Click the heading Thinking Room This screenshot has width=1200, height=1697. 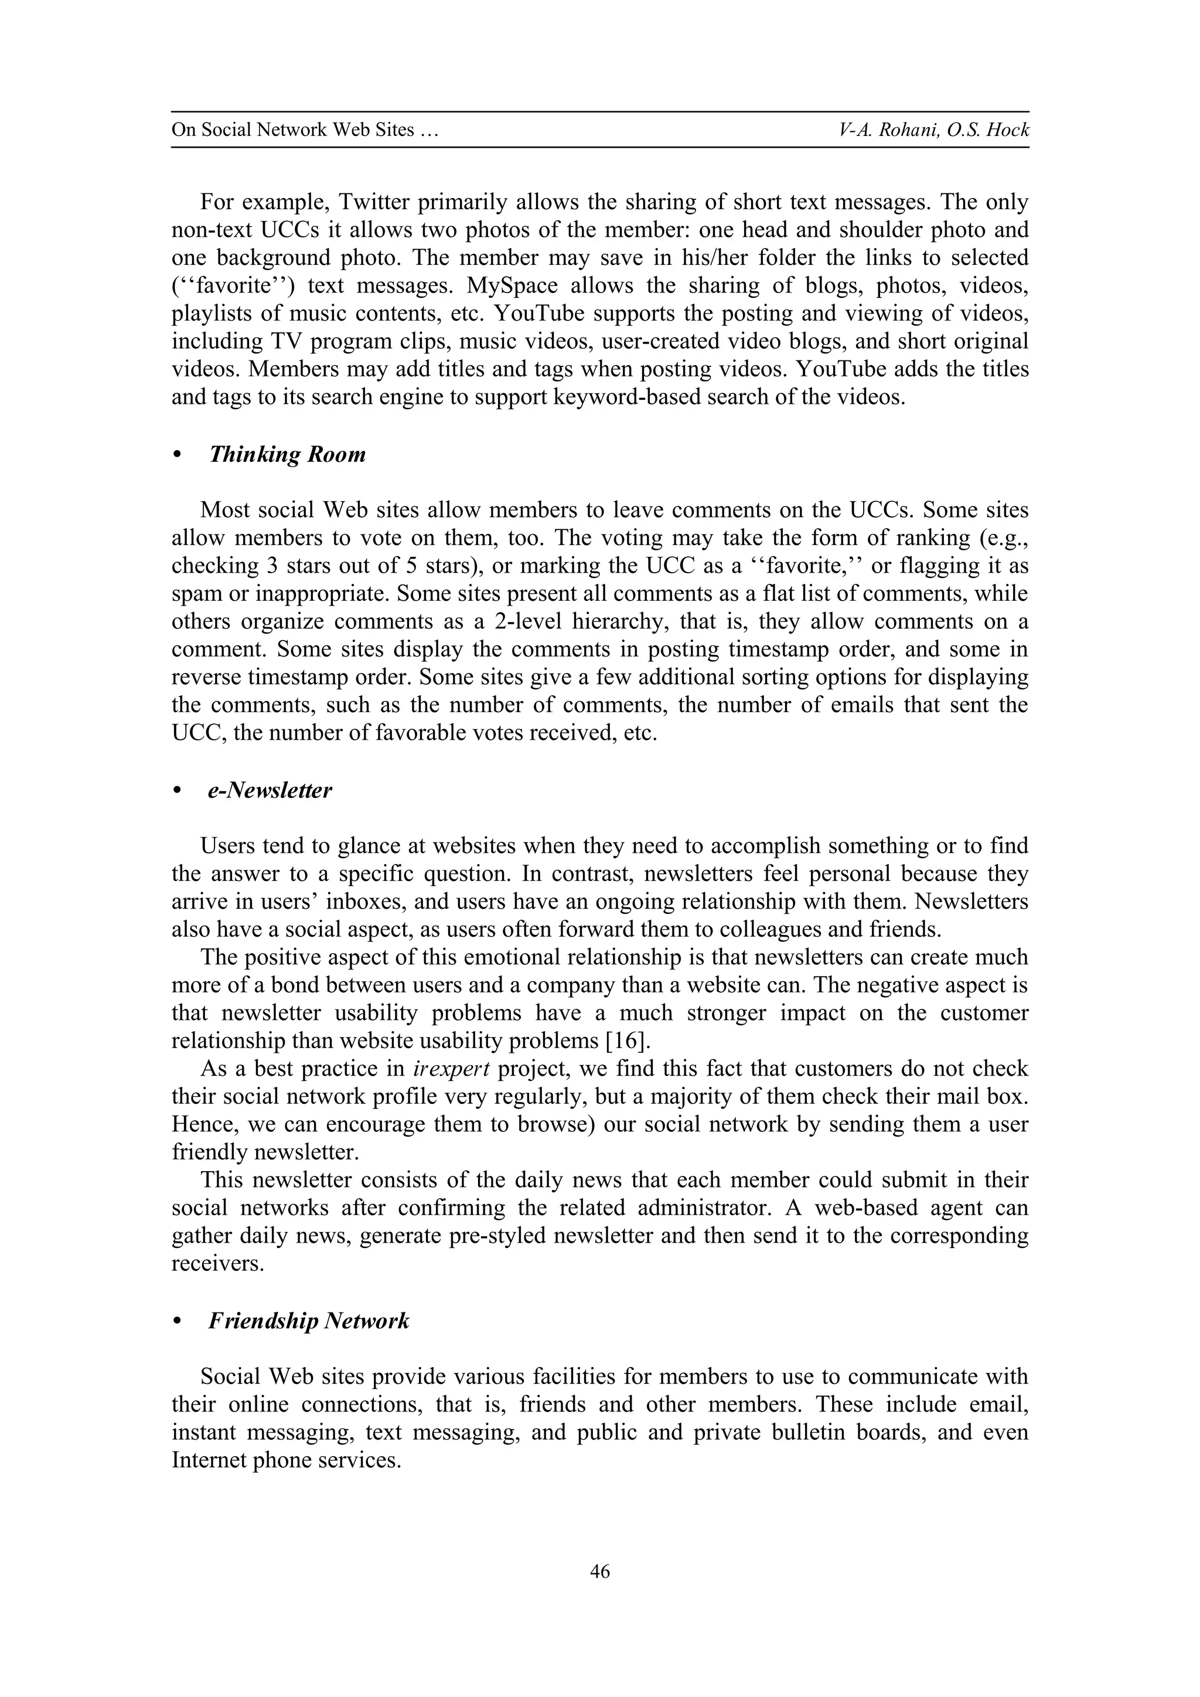[288, 454]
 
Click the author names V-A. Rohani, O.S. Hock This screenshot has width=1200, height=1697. [934, 130]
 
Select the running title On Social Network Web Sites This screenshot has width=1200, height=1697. [305, 130]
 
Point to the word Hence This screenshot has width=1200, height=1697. [203, 1125]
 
